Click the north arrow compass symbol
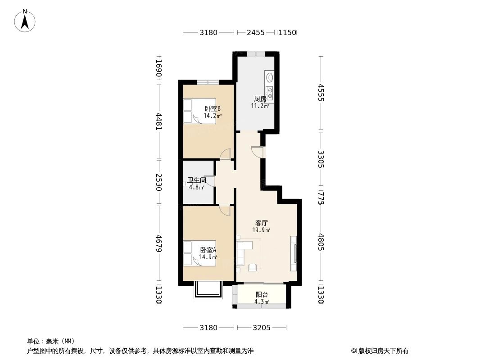coord(25,20)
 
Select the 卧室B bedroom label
coord(213,108)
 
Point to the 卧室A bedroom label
coord(208,250)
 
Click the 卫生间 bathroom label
coord(197,180)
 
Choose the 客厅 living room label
coord(261,223)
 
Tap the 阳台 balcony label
coord(261,295)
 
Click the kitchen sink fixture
coord(269,77)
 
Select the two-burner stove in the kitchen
coord(269,94)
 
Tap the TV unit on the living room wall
coord(294,253)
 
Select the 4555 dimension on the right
coord(320,92)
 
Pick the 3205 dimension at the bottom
coord(261,328)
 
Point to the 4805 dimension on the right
coord(320,242)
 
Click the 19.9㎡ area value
coord(261,230)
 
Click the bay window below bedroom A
coord(208,290)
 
